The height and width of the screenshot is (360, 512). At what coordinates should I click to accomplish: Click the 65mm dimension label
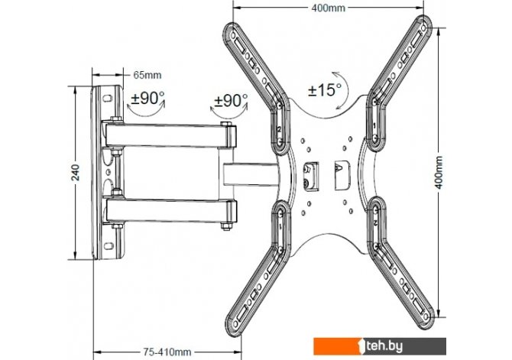147,75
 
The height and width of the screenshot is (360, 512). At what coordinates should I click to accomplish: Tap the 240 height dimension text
76,173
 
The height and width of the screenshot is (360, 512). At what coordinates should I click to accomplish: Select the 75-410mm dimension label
167,352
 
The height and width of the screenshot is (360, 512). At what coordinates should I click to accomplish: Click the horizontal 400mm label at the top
328,8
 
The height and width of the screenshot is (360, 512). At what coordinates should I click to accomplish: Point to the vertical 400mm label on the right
439,172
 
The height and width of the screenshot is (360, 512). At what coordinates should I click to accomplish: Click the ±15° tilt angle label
325,89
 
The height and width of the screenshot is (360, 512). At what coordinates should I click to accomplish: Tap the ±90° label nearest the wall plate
147,98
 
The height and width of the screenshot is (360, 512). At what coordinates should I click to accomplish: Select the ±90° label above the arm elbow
231,101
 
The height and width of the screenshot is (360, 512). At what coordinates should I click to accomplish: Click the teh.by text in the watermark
384,346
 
